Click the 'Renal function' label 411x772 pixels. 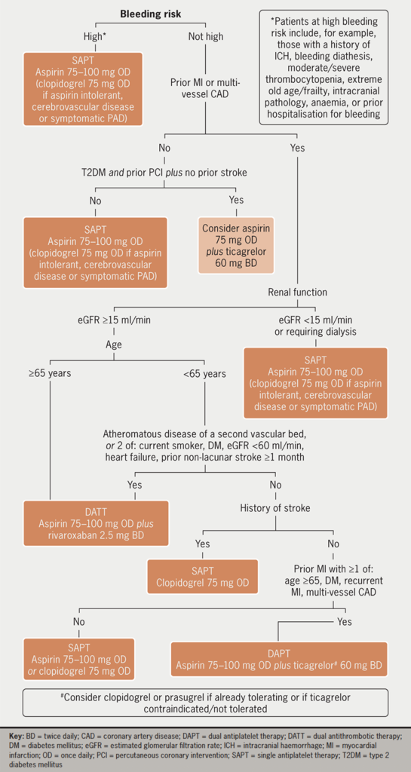(x=296, y=292)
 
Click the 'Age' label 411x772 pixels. (x=115, y=344)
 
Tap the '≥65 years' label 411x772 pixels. (x=50, y=373)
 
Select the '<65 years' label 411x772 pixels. (x=204, y=373)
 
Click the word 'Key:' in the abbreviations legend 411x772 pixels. (x=17, y=734)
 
